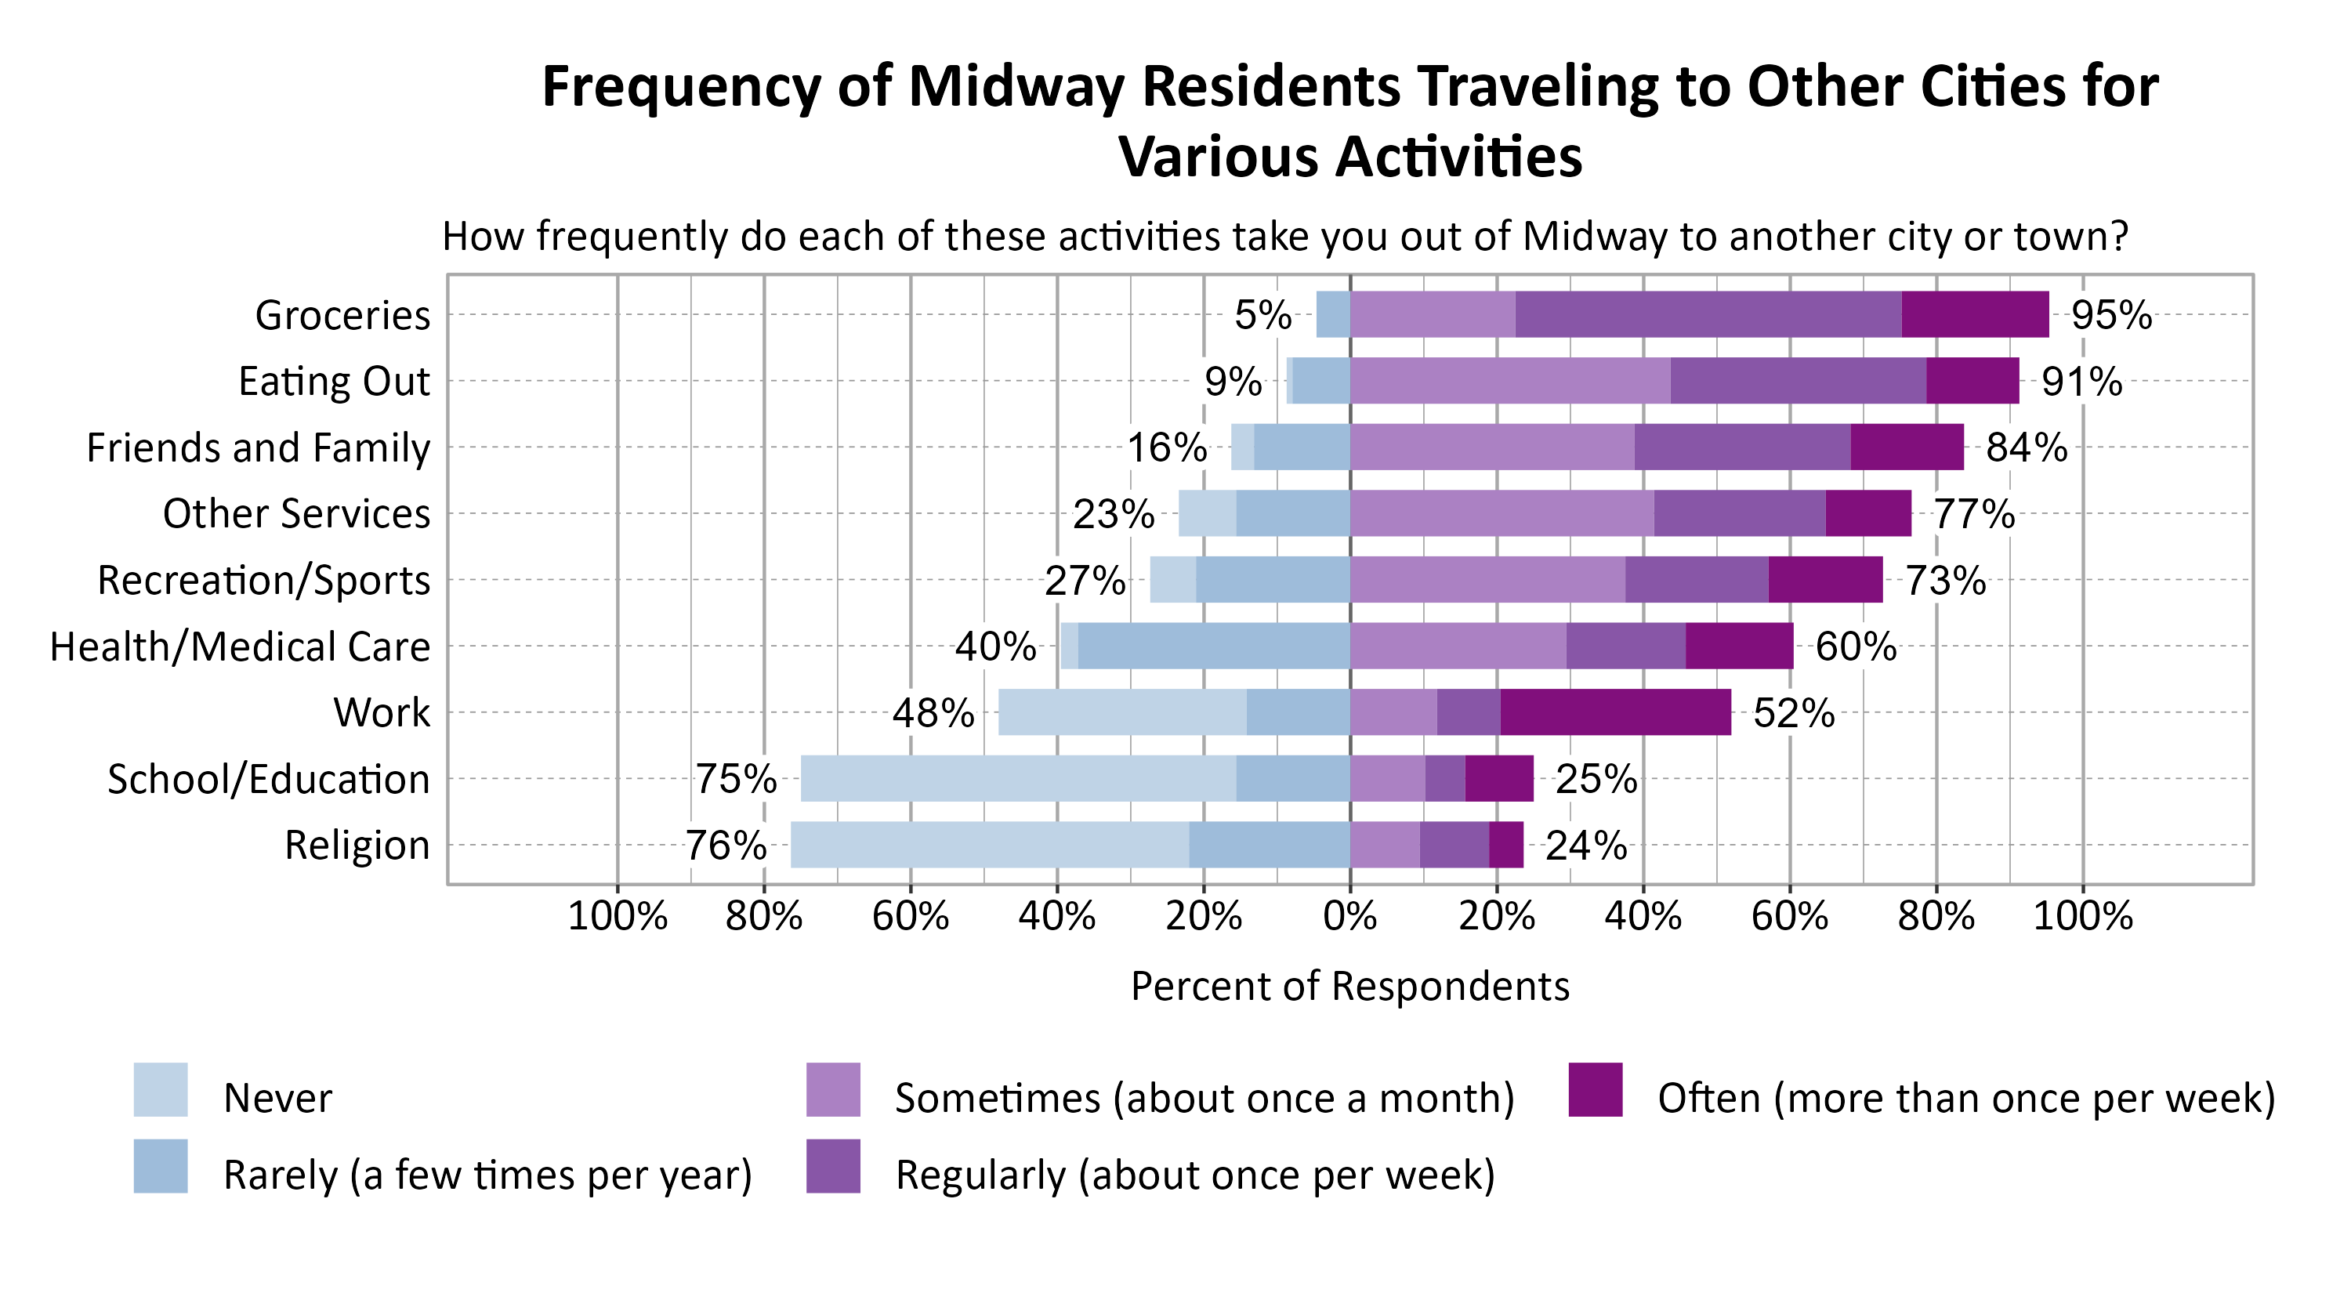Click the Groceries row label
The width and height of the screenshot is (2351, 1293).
tap(342, 316)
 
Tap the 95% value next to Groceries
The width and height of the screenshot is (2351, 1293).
tap(2110, 316)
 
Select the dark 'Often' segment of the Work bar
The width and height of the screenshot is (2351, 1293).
tap(1614, 712)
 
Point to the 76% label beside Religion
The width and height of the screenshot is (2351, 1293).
tap(726, 846)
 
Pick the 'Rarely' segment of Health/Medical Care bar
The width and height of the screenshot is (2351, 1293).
tap(1213, 646)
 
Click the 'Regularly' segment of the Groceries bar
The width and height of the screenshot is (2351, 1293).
tap(1708, 315)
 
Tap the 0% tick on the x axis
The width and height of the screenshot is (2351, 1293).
tap(1349, 916)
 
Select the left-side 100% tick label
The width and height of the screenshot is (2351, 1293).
tap(617, 916)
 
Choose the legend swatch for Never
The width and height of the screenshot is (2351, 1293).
tap(161, 1089)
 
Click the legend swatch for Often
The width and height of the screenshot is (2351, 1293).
tap(1596, 1089)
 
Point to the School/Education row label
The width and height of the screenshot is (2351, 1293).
tap(268, 779)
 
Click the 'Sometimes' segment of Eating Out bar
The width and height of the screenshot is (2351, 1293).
tap(1509, 381)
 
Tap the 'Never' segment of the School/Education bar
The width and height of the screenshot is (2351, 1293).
tap(1018, 778)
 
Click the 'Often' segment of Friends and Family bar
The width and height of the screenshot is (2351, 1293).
tap(1907, 447)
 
